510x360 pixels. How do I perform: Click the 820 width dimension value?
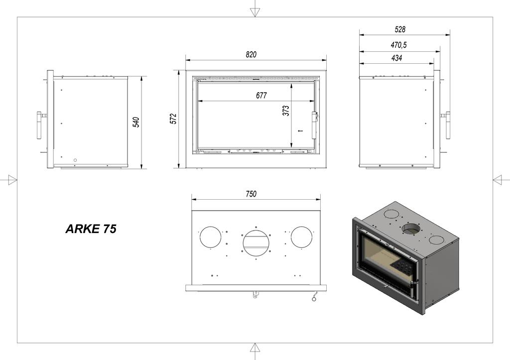pyautogui.click(x=251, y=54)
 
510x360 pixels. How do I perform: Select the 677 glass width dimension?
pyautogui.click(x=261, y=96)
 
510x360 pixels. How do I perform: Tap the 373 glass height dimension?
pyautogui.click(x=286, y=111)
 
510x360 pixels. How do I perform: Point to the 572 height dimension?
pyautogui.click(x=173, y=119)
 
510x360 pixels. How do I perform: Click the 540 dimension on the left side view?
pyautogui.click(x=136, y=122)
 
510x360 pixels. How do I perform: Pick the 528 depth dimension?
pyautogui.click(x=399, y=29)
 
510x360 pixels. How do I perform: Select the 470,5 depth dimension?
pyautogui.click(x=398, y=45)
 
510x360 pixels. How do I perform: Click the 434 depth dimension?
pyautogui.click(x=396, y=58)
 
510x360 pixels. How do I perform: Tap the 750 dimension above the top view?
pyautogui.click(x=252, y=194)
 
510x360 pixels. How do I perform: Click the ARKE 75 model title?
pyautogui.click(x=91, y=229)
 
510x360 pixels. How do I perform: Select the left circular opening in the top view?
pyautogui.click(x=211, y=237)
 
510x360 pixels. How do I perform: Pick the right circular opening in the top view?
pyautogui.click(x=302, y=237)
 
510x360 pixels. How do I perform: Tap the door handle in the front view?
pyautogui.click(x=314, y=125)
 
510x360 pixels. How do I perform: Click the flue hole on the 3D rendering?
pyautogui.click(x=411, y=229)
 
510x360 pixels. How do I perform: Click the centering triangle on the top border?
pyautogui.click(x=255, y=11)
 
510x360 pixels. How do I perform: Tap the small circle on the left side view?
pyautogui.click(x=75, y=160)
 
